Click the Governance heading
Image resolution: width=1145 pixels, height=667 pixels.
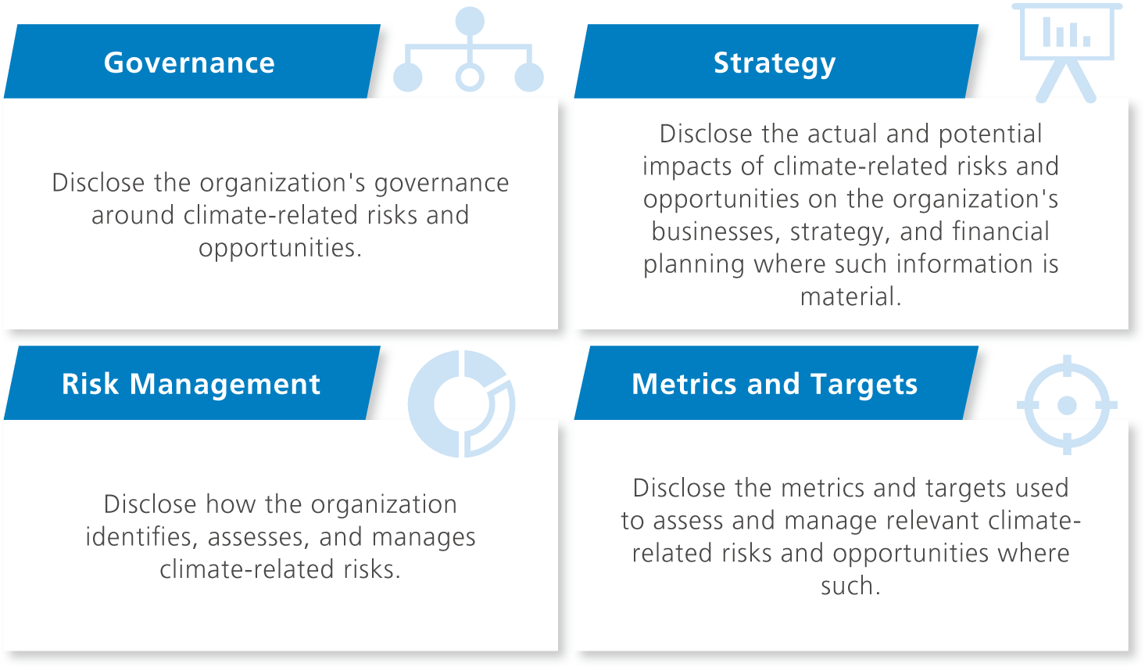(189, 63)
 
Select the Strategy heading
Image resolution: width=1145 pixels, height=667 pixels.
(775, 63)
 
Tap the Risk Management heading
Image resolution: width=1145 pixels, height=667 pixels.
(191, 384)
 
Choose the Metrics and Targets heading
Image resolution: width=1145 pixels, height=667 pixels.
(775, 384)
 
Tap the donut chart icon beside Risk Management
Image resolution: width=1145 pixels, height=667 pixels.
(461, 403)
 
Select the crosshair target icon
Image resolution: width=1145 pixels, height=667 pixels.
(1067, 405)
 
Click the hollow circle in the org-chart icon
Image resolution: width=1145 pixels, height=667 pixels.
(470, 77)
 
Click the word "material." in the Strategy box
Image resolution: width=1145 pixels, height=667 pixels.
(850, 296)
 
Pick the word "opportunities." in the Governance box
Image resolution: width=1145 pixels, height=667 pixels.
(280, 248)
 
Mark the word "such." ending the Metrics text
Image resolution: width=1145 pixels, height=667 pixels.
(850, 586)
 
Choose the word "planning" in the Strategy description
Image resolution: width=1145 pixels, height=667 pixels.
(694, 264)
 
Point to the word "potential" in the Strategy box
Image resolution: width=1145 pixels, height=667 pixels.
(990, 134)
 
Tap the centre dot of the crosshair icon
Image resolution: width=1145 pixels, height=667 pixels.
(1067, 405)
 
